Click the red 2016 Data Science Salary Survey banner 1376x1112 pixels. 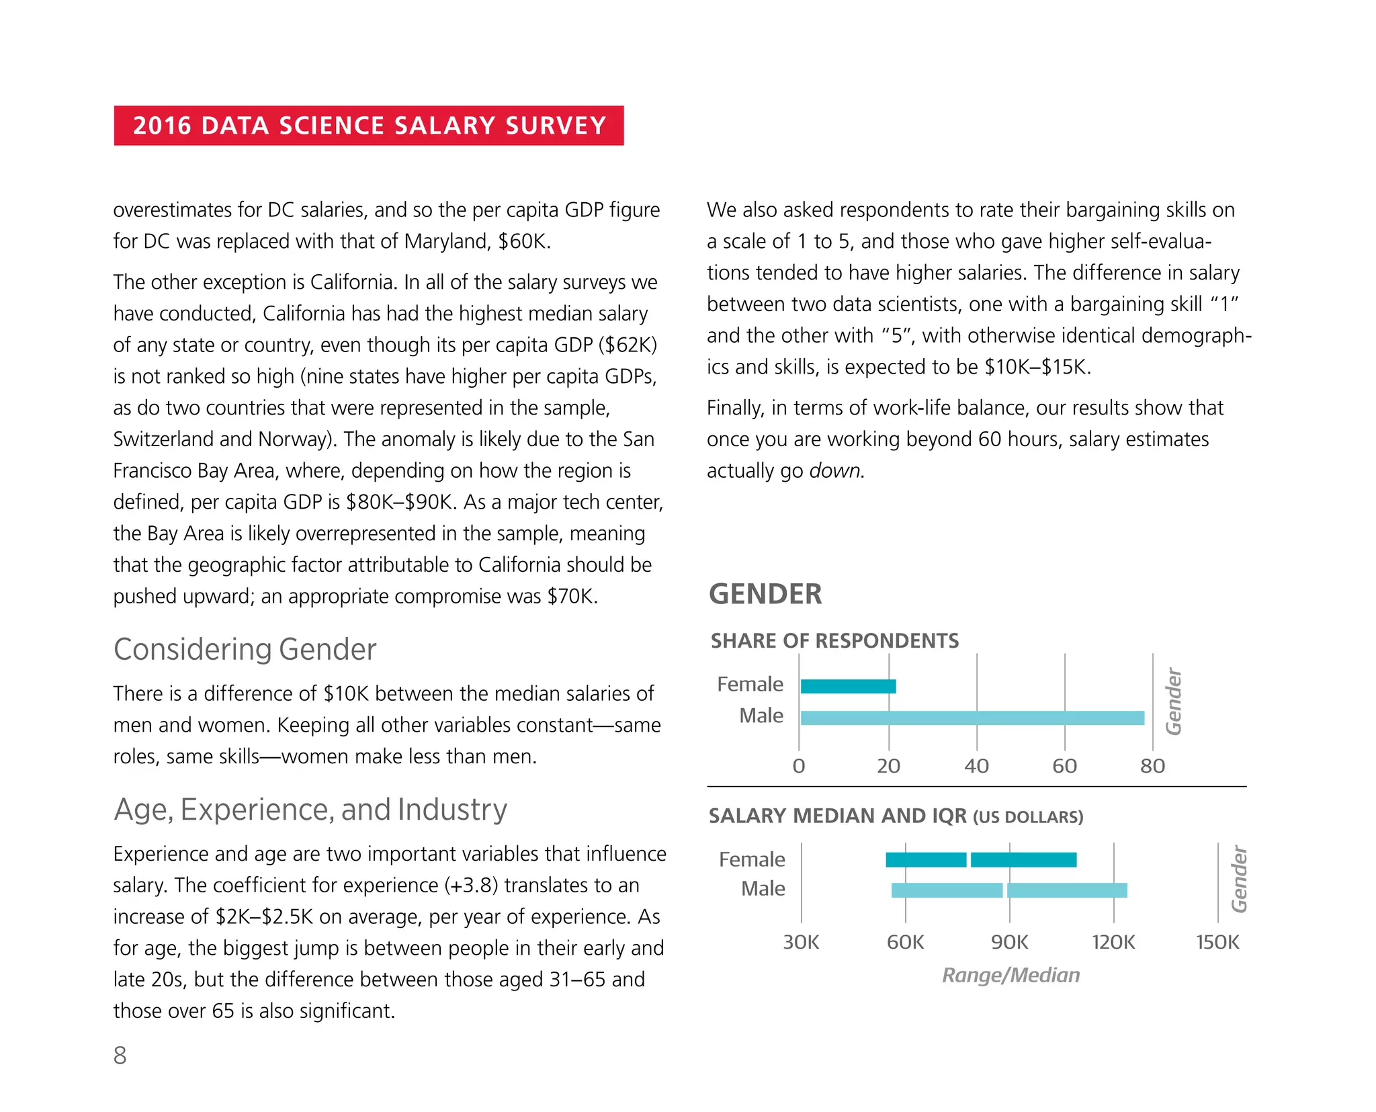pyautogui.click(x=368, y=126)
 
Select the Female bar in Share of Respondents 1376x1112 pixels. pyautogui.click(x=848, y=686)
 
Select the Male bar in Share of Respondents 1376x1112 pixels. pyautogui.click(x=972, y=718)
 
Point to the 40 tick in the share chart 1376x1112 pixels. pyautogui.click(x=976, y=766)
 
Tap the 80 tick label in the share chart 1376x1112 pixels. pyautogui.click(x=1152, y=766)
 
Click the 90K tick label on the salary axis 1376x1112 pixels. pyautogui.click(x=1009, y=942)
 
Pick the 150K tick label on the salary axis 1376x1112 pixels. pyautogui.click(x=1217, y=942)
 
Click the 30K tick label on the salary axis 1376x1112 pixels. pyautogui.click(x=801, y=942)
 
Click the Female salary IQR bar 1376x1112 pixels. pyautogui.click(x=981, y=859)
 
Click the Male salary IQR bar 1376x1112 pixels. pyautogui.click(x=1008, y=890)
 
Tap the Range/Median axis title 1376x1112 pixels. pyautogui.click(x=1010, y=975)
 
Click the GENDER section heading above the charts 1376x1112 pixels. pyautogui.click(x=765, y=594)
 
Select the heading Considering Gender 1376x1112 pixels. pyautogui.click(x=245, y=649)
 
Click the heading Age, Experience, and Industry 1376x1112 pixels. pyautogui.click(x=310, y=809)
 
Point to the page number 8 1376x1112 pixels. pyautogui.click(x=120, y=1056)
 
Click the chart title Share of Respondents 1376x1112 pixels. pyautogui.click(x=834, y=641)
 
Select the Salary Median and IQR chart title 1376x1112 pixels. pyautogui.click(x=896, y=816)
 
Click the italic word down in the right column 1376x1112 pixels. pyautogui.click(x=834, y=470)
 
